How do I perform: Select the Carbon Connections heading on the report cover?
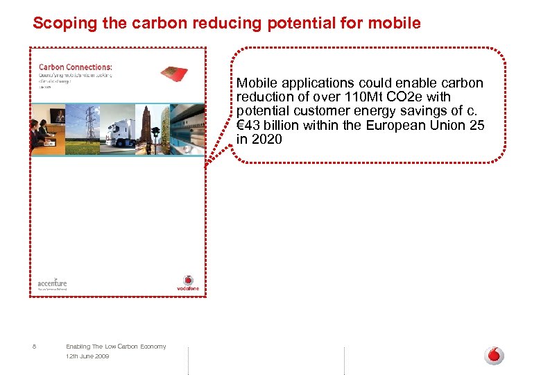coord(75,67)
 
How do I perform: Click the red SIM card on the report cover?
coord(173,72)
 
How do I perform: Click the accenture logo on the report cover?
coord(52,283)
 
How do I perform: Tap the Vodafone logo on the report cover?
coord(187,283)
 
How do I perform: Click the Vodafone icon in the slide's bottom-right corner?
coord(494,355)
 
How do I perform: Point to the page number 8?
coord(34,347)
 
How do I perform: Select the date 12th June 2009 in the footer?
coord(87,356)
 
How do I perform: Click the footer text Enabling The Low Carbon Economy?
coord(116,347)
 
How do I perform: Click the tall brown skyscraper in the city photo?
coord(147,125)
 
